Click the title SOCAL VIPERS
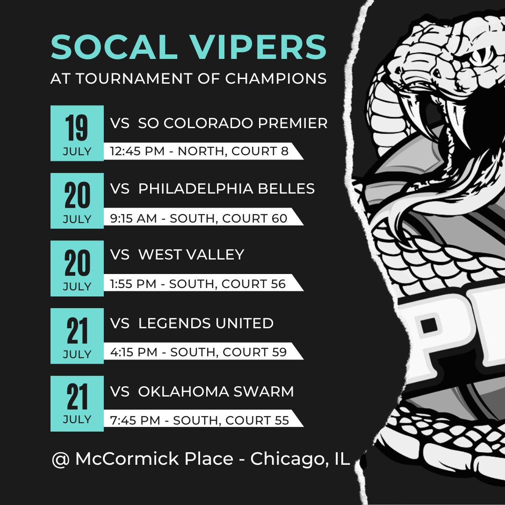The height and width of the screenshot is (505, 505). (x=188, y=47)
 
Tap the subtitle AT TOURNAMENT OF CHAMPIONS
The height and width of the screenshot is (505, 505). (x=188, y=79)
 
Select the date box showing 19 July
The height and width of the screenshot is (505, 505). (x=77, y=133)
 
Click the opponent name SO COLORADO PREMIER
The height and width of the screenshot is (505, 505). (x=233, y=123)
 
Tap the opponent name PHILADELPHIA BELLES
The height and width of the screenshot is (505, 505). (x=226, y=188)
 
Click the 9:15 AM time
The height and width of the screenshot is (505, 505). (x=133, y=218)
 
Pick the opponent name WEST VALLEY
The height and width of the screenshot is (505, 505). (x=191, y=254)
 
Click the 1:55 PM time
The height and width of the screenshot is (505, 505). (x=133, y=284)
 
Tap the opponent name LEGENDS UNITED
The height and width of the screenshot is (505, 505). (x=206, y=323)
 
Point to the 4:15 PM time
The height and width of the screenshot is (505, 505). (x=133, y=352)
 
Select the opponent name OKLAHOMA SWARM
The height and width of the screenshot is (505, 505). (x=216, y=391)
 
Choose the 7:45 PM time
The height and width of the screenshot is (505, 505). (x=135, y=420)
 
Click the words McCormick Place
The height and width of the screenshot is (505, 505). (x=154, y=459)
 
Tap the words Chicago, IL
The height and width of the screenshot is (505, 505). (x=300, y=459)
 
